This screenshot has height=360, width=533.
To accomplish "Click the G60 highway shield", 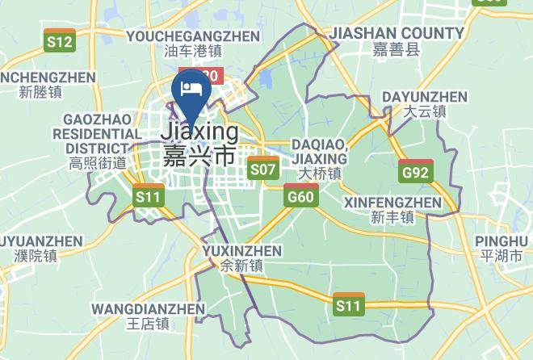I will [x=300, y=195].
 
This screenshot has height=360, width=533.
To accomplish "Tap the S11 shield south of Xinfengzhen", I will [x=349, y=303].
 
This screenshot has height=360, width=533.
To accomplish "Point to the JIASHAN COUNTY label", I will [x=397, y=33].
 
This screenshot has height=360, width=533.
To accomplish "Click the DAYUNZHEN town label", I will [x=425, y=97].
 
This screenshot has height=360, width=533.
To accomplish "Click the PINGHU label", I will [x=502, y=241].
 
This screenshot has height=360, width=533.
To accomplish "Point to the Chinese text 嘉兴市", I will [x=199, y=155].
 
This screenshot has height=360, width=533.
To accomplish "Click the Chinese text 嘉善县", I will [x=397, y=50].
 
